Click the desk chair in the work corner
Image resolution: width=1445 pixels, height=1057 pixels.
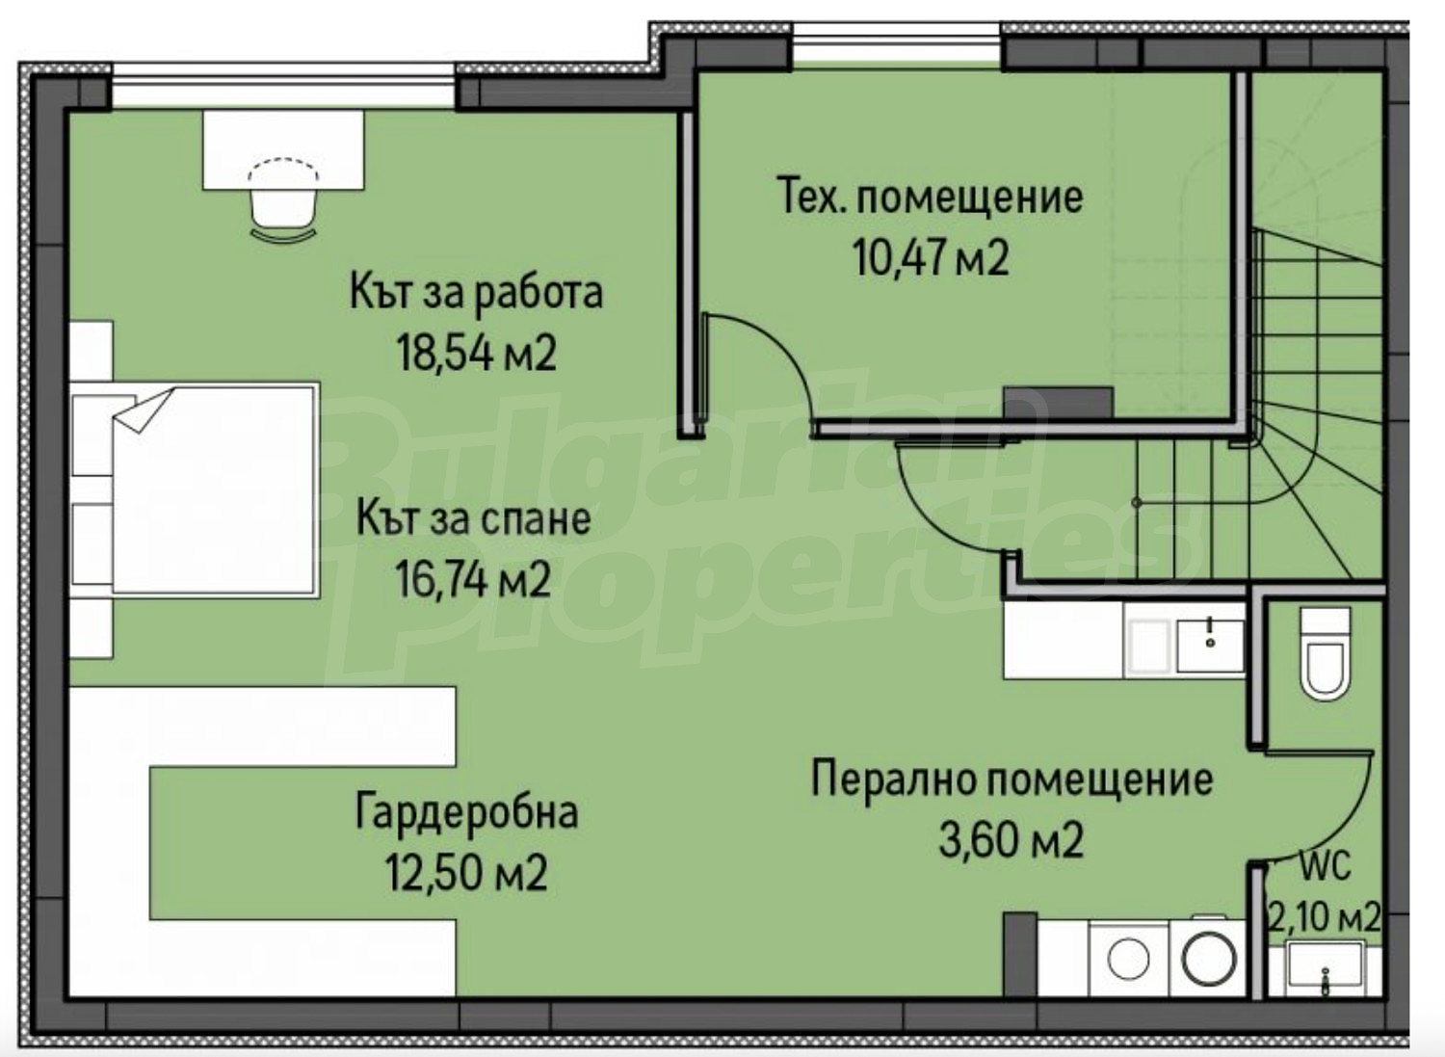point(284,200)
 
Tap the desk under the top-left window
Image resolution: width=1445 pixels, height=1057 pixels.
point(284,149)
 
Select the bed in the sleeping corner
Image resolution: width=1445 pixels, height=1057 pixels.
point(195,489)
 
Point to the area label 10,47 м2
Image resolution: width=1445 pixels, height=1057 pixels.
point(931,257)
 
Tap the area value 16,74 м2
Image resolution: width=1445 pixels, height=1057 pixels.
point(473,579)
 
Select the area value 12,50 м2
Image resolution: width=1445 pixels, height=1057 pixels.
point(466,871)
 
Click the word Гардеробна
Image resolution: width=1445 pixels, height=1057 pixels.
point(466,812)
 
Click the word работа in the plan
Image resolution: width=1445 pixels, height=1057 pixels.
point(539,294)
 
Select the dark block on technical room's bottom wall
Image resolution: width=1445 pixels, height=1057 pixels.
point(1059,403)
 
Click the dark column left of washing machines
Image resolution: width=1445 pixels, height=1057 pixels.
point(1019,964)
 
